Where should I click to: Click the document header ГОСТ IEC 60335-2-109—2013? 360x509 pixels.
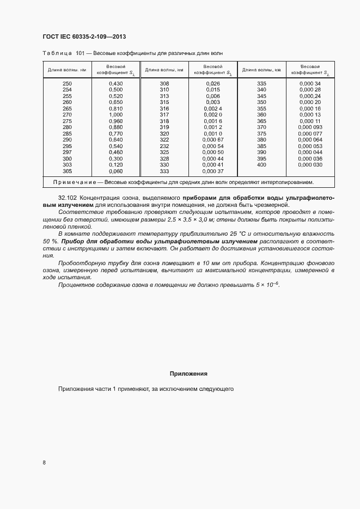coord(84,36)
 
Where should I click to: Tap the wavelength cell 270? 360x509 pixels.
coord(67,115)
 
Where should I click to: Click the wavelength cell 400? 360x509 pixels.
coord(261,164)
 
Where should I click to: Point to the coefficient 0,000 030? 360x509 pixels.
coord(310,164)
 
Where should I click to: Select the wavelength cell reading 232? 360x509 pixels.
coord(164,146)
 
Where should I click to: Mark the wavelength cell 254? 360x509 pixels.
coord(67,89)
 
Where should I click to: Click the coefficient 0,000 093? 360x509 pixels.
coord(310,127)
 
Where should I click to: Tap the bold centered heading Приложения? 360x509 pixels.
coord(188,374)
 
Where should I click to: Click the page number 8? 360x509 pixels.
coord(44,463)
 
